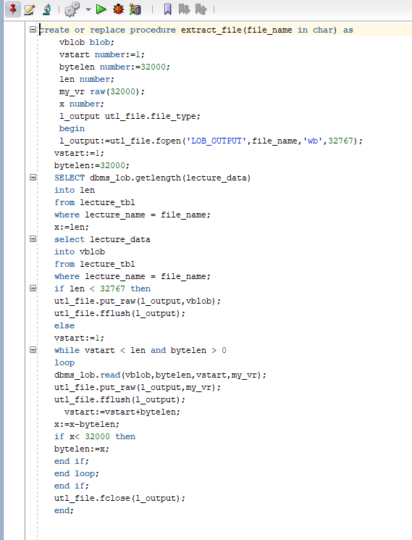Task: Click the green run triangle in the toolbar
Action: [x=101, y=9]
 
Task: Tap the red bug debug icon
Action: [x=118, y=9]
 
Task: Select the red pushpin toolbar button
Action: [x=13, y=9]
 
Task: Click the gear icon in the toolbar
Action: [x=72, y=9]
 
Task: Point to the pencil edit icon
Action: [x=30, y=9]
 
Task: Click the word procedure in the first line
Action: [x=153, y=30]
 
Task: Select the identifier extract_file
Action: [x=211, y=30]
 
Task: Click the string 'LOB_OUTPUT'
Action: [x=216, y=141]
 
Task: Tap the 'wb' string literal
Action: [x=313, y=141]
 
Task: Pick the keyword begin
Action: [x=72, y=129]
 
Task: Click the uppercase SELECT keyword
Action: [x=70, y=178]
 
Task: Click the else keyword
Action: [x=64, y=325]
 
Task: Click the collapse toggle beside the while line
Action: [x=33, y=350]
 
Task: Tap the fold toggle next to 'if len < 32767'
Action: [x=33, y=288]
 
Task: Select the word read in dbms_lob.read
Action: [x=110, y=375]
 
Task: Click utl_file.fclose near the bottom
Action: [x=92, y=499]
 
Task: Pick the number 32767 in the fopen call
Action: [x=340, y=141]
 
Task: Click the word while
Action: [x=67, y=350]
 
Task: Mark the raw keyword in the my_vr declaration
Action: [x=97, y=91]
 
